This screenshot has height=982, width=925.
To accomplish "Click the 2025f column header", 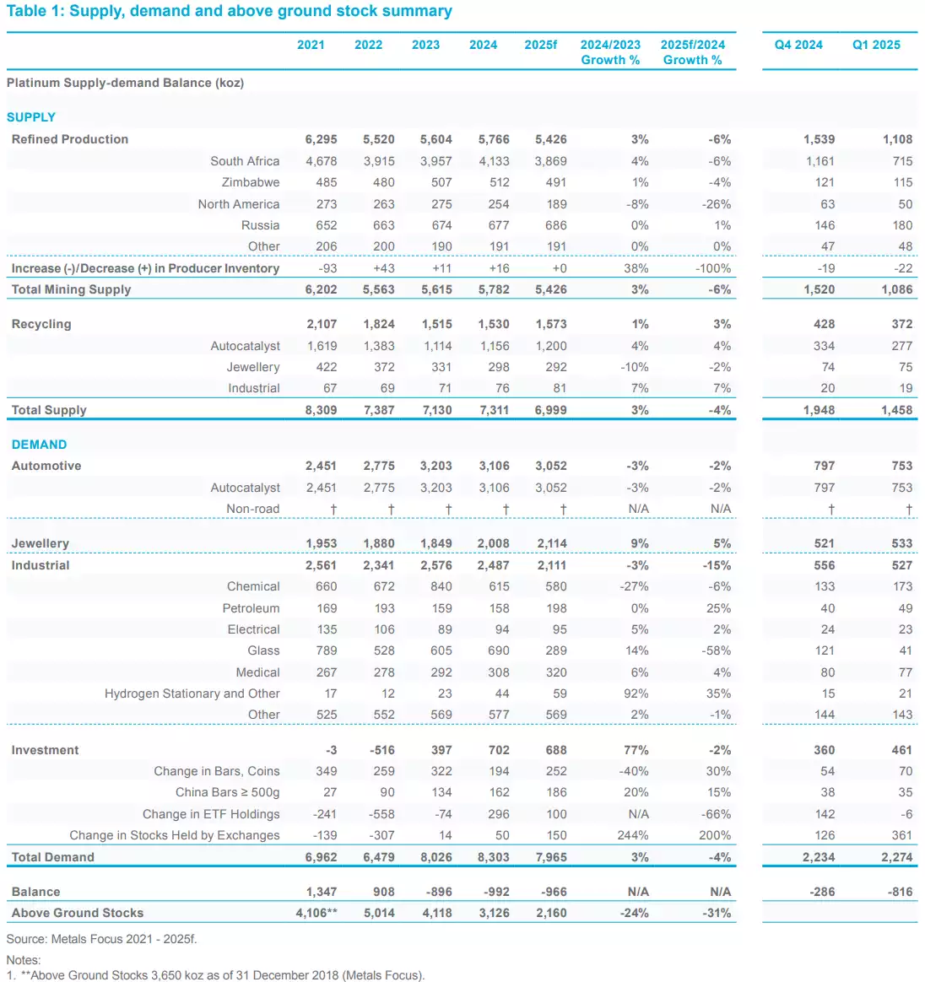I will point(540,45).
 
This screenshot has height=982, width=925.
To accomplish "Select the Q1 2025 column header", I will point(876,45).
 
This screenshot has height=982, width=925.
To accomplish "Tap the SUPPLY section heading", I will point(31,117).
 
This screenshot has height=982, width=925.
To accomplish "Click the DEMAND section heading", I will point(39,445).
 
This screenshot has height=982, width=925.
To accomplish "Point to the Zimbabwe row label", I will point(251,182).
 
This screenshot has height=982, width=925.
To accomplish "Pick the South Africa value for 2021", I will point(321,161).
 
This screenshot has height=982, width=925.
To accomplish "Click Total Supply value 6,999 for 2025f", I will point(550,410).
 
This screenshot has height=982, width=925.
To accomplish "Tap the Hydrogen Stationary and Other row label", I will point(192,693).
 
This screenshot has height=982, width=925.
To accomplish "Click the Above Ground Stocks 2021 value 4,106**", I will point(316,913).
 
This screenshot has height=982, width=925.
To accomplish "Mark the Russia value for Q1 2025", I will point(902,225).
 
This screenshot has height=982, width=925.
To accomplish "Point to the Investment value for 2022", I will point(381,750).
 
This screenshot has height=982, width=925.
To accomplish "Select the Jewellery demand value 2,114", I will point(550,543).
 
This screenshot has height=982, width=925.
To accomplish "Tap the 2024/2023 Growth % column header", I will point(610,52).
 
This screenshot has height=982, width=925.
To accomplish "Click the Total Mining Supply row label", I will point(71,289).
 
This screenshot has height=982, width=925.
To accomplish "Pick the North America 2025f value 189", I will point(555,204).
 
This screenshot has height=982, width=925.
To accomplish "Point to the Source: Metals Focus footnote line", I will point(101,939).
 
